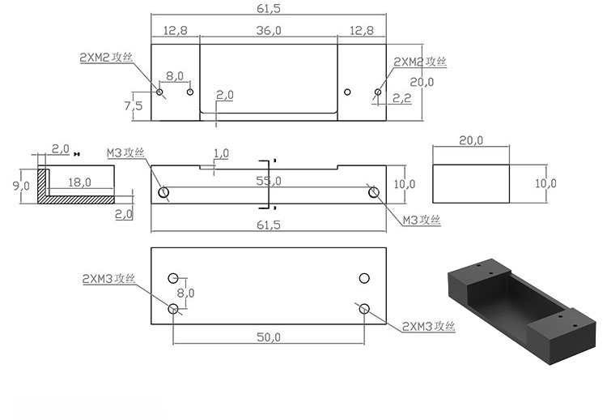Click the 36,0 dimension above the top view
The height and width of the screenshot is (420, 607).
269,30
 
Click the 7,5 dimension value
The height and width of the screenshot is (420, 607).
134,105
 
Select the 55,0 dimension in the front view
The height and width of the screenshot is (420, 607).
269,180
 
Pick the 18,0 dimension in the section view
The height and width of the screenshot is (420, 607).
79,182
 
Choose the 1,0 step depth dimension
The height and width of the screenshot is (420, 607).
220,152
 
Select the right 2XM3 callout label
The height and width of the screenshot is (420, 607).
429,326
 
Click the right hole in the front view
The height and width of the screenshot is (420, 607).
373,192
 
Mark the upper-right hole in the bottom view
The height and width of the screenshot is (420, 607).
364,278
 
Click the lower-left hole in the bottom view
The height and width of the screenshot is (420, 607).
173,309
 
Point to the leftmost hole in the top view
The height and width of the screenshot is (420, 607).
160,92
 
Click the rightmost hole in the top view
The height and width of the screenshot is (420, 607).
377,92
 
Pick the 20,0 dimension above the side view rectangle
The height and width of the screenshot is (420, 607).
471,140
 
